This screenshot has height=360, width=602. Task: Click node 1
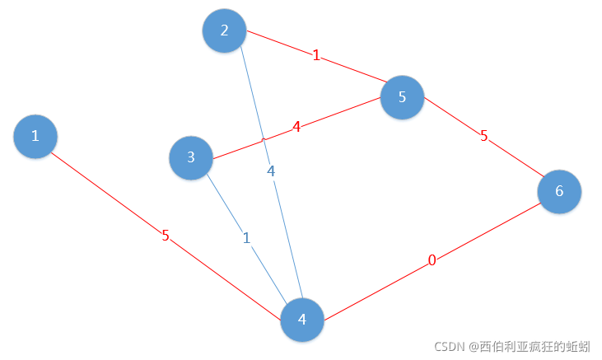pyautogui.click(x=35, y=136)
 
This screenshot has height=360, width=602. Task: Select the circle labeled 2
pyautogui.click(x=224, y=30)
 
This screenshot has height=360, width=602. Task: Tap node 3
pyautogui.click(x=190, y=157)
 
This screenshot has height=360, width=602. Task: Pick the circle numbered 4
pyautogui.click(x=302, y=320)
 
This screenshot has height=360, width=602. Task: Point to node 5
pyautogui.click(x=402, y=97)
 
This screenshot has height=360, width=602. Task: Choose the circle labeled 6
pyautogui.click(x=559, y=191)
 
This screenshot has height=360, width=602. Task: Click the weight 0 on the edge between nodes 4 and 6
pyautogui.click(x=432, y=261)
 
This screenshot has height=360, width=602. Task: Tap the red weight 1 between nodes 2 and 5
pyautogui.click(x=316, y=56)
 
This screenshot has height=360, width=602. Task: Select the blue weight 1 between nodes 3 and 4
pyautogui.click(x=245, y=238)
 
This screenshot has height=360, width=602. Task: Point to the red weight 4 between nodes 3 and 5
pyautogui.click(x=296, y=127)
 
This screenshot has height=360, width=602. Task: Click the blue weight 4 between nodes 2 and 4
pyautogui.click(x=271, y=171)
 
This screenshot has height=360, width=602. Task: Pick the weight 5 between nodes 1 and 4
pyautogui.click(x=166, y=236)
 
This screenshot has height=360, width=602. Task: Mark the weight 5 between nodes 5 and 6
pyautogui.click(x=484, y=136)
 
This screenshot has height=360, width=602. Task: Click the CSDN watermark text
pyautogui.click(x=511, y=347)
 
